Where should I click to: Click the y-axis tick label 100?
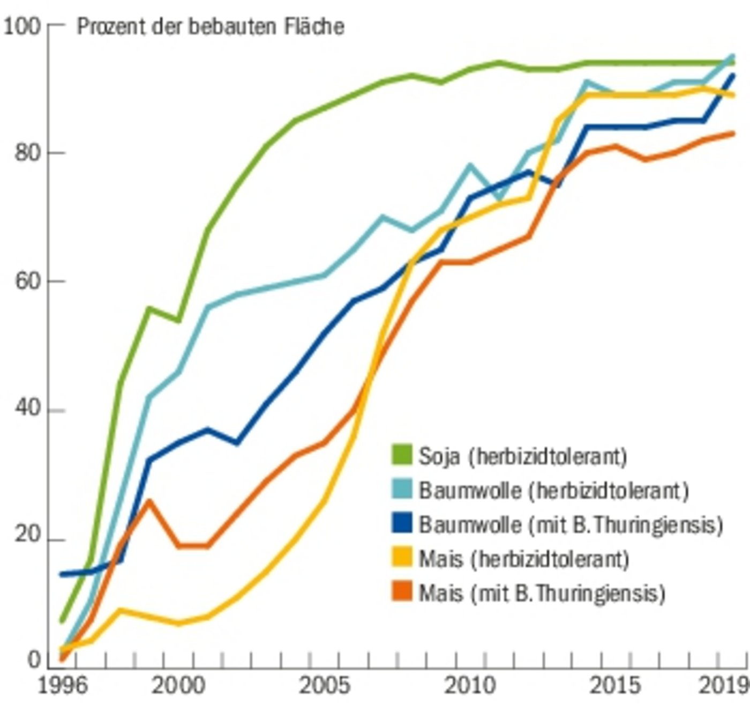tap(22, 26)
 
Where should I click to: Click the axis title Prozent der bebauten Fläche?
tap(211, 26)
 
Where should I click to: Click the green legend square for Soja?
tap(402, 455)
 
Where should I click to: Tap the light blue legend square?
tap(402, 489)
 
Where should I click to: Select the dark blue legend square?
tap(402, 523)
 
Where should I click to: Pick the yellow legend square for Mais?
tap(402, 558)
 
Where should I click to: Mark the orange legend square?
tap(402, 592)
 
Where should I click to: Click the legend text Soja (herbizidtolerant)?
tap(522, 456)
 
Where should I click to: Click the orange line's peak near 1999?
tap(149, 500)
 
